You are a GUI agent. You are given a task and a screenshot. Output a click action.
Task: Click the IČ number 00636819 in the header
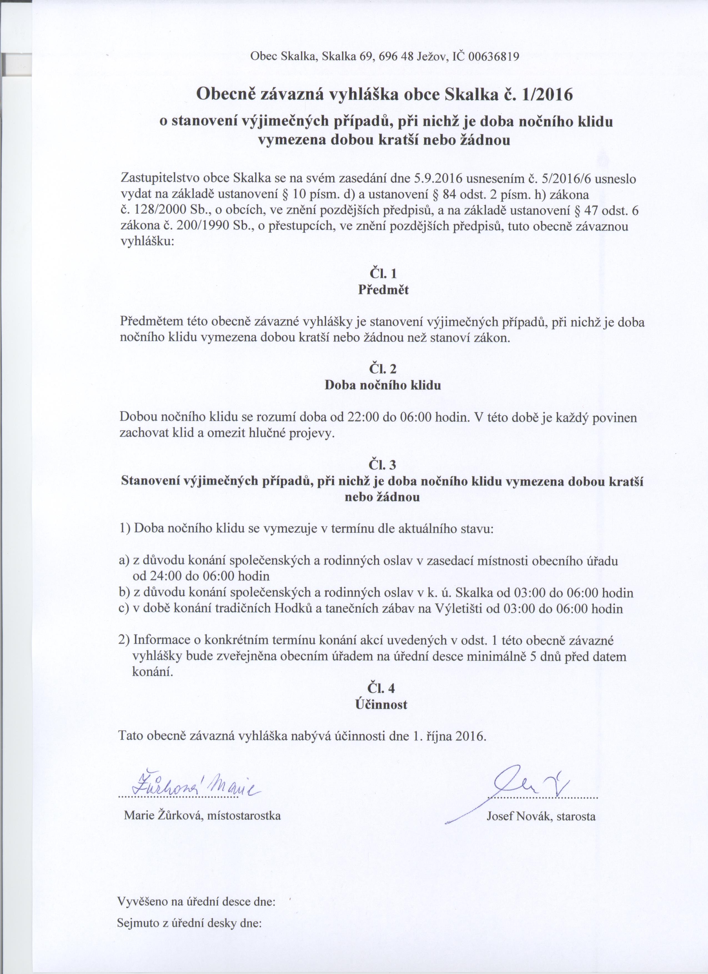(x=494, y=57)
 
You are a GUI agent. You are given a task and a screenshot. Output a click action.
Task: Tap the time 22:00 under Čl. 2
(x=362, y=417)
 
